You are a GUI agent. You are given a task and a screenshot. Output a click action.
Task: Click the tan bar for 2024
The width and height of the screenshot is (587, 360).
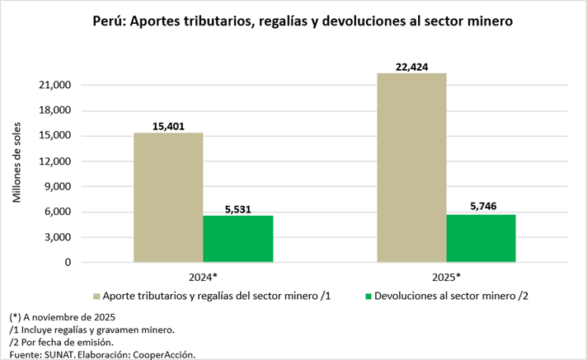(x=168, y=198)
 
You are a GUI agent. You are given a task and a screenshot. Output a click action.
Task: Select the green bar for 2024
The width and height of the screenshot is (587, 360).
(x=237, y=239)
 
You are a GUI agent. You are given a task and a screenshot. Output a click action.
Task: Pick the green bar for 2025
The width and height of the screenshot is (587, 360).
(x=481, y=238)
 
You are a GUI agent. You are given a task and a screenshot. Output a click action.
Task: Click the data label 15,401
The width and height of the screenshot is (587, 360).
(x=168, y=125)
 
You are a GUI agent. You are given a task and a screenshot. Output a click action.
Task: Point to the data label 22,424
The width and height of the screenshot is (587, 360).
(x=411, y=66)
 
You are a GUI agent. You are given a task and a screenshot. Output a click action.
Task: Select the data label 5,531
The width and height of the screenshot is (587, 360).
(x=237, y=208)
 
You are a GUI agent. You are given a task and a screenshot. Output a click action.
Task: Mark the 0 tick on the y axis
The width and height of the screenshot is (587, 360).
(x=69, y=263)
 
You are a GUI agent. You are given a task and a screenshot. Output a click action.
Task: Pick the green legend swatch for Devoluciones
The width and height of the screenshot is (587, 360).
(x=368, y=295)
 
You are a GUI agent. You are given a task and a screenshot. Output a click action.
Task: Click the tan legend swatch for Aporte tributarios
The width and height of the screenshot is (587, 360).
(x=96, y=295)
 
